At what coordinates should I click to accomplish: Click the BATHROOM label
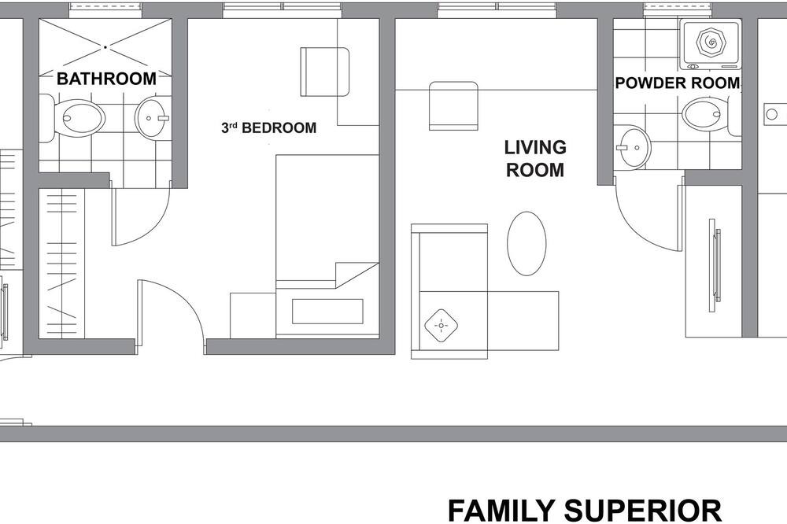(106, 79)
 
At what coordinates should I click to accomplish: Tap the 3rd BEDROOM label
(269, 128)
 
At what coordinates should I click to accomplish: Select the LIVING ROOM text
(535, 159)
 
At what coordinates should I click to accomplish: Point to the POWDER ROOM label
(678, 83)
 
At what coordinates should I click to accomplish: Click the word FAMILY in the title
(502, 511)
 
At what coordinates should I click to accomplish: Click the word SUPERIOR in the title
(643, 511)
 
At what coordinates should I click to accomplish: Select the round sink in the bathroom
(152, 119)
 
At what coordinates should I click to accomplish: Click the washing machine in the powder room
(710, 45)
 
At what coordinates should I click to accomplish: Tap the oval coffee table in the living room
(527, 243)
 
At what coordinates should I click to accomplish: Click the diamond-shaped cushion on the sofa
(442, 326)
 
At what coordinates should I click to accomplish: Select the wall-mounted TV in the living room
(715, 265)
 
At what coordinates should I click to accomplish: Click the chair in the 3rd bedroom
(324, 72)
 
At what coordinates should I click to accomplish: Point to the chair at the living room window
(453, 106)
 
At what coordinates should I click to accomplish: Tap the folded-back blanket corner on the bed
(357, 275)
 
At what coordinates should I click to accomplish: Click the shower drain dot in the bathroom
(105, 47)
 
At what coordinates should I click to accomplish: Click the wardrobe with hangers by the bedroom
(61, 264)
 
